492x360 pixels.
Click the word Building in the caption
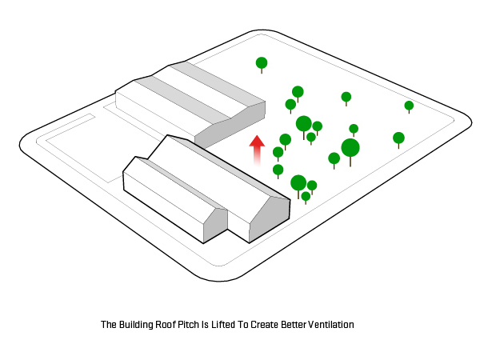tap(136, 325)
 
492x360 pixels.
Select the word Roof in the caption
tap(168, 325)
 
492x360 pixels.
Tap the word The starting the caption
tap(109, 325)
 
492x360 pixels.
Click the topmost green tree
tap(262, 63)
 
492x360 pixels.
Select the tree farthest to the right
tap(409, 106)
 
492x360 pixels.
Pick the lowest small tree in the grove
tap(306, 197)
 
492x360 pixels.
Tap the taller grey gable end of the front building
tap(270, 218)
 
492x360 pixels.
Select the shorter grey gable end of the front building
tap(215, 224)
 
